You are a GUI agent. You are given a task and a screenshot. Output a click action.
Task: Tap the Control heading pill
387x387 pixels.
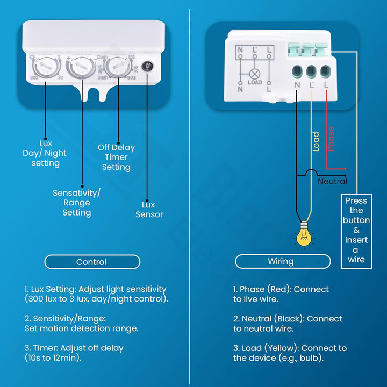91,262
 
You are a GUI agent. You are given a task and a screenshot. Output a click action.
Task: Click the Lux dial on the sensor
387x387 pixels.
45,68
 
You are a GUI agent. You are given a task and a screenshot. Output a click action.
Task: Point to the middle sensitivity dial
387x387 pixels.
81,68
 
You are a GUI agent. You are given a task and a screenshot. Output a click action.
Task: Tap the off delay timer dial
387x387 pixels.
116,68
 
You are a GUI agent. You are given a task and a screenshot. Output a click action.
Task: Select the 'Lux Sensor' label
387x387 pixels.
149,210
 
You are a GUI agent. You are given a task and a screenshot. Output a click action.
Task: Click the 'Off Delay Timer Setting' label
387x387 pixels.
116,157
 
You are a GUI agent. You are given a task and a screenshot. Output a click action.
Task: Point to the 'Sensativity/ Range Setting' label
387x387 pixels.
76,203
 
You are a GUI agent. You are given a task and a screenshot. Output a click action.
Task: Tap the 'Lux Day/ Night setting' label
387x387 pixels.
45,153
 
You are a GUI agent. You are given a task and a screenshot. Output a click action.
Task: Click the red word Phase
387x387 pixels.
331,139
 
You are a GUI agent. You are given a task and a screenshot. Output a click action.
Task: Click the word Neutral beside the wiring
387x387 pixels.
332,181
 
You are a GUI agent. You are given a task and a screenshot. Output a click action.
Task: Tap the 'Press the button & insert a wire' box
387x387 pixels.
356,231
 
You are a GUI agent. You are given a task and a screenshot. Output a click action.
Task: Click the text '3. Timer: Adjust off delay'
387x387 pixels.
74,348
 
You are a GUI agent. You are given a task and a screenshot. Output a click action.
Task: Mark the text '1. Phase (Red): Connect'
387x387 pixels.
281,289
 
